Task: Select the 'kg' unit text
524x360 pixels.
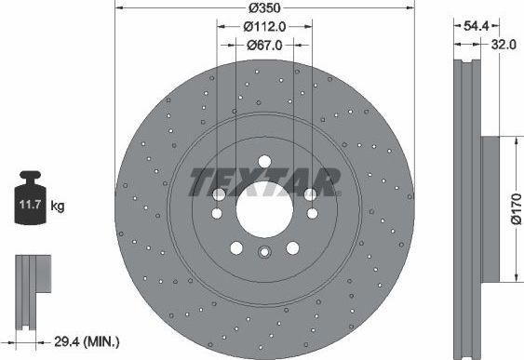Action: pyautogui.click(x=59, y=202)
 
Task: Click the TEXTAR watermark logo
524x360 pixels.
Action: pyautogui.click(x=263, y=181)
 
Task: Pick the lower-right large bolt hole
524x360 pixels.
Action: pyautogui.click(x=292, y=247)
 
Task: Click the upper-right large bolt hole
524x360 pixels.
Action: pyautogui.click(x=309, y=194)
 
